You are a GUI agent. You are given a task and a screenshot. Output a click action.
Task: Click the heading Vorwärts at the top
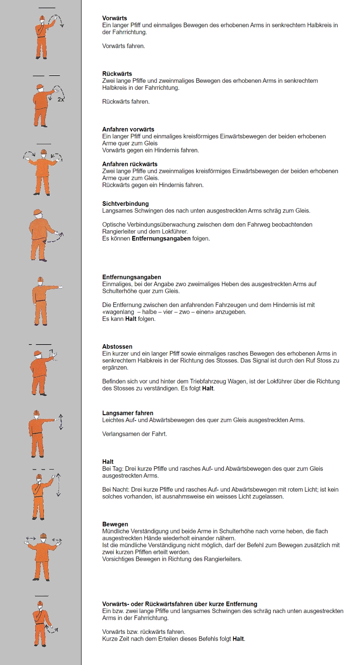point(115,18)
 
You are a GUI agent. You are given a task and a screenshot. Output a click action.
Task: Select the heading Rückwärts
point(117,74)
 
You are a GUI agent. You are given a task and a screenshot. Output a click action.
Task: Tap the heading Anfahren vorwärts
point(128,129)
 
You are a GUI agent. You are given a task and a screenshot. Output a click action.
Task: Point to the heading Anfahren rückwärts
point(130,164)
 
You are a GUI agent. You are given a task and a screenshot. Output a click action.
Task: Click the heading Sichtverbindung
point(126,203)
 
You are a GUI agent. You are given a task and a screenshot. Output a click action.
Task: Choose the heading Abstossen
point(117,346)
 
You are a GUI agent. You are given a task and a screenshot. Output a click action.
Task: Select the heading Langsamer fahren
point(128,413)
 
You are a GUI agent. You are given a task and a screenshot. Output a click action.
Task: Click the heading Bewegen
point(115,524)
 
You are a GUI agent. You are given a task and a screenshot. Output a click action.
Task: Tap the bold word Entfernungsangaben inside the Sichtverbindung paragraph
point(161,238)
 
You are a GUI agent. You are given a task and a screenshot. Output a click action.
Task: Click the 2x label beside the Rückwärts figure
point(61,99)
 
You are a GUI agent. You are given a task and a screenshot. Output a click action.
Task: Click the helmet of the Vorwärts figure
point(42,18)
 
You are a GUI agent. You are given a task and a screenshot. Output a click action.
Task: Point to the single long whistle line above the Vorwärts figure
point(47,8)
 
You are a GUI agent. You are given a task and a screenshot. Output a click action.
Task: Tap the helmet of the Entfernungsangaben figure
point(41,279)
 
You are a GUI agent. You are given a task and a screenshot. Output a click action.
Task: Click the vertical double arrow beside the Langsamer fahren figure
point(61,422)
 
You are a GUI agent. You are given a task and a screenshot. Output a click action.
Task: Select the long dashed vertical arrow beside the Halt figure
point(58,485)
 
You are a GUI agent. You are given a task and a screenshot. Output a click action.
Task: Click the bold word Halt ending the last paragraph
point(238,638)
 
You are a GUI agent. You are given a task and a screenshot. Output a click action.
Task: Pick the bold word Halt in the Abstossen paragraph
point(208,388)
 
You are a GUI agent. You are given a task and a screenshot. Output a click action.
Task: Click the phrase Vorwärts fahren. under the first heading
point(123,46)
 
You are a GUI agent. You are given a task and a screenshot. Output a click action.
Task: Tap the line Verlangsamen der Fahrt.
point(134,434)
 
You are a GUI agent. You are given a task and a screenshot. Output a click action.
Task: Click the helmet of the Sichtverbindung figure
point(37,212)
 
